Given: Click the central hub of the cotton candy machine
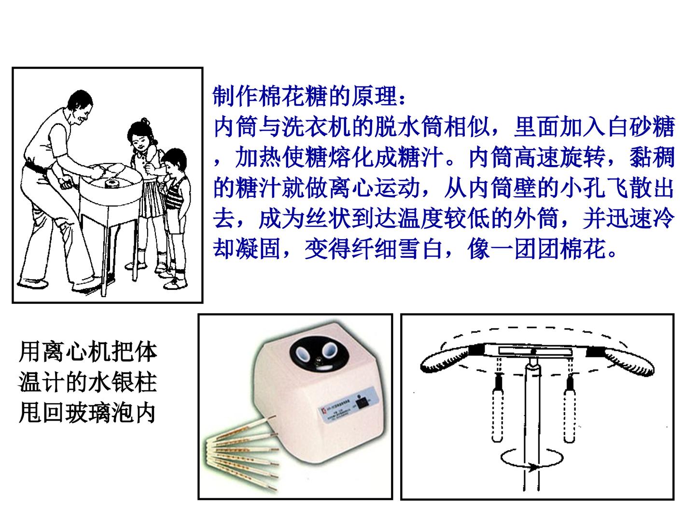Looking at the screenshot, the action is pos(111,183).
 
